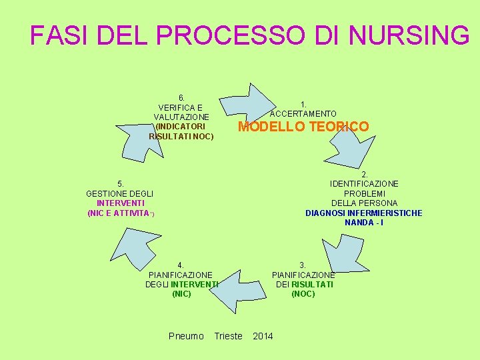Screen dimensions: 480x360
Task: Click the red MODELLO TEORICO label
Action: click(x=303, y=127)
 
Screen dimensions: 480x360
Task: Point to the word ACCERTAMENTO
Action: click(x=303, y=114)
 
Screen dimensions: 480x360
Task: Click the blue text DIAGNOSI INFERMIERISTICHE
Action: click(x=363, y=213)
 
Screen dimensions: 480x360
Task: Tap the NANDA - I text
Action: click(x=363, y=222)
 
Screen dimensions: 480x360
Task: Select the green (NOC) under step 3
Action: click(x=303, y=293)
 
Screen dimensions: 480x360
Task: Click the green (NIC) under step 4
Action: click(x=181, y=293)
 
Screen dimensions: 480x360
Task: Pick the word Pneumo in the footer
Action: click(x=187, y=335)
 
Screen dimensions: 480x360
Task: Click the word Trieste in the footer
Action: click(x=228, y=335)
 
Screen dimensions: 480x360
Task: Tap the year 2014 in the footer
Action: click(x=263, y=335)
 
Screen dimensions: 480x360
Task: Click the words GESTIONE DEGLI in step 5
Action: click(x=120, y=193)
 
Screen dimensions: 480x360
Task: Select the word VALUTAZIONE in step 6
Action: click(x=181, y=117)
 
